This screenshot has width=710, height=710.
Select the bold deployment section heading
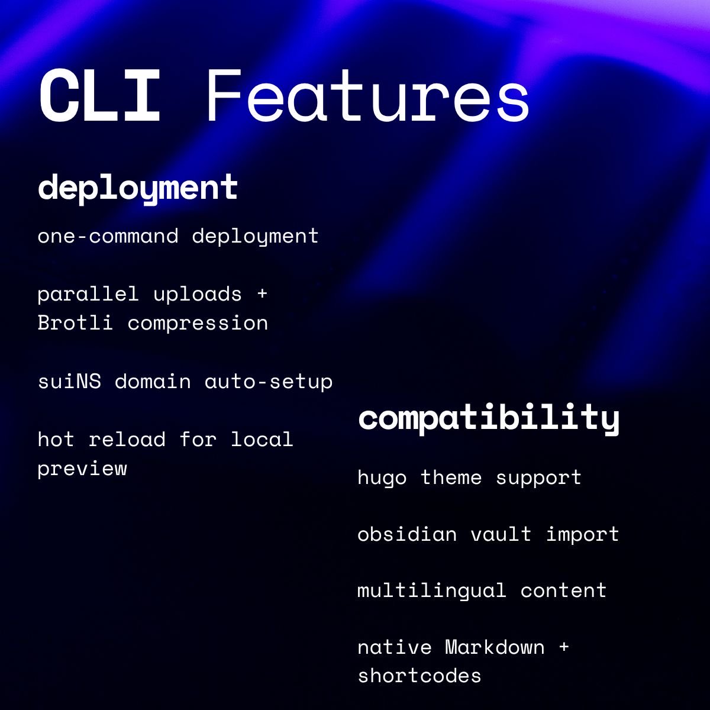point(138,188)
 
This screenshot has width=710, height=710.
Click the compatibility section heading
point(489,418)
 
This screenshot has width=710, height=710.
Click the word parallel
point(88,294)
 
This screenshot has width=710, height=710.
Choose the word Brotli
point(75,323)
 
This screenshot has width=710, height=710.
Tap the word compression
point(198,323)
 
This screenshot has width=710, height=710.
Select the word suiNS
point(69,381)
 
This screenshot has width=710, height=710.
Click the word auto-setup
point(269,381)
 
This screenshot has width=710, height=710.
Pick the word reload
point(127,439)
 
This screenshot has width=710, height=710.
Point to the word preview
point(82,469)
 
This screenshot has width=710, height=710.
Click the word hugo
point(382,477)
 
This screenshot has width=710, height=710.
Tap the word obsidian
point(407,534)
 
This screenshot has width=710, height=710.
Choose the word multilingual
point(432,590)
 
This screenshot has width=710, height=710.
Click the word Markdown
point(495,647)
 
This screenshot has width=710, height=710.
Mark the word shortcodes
point(419,676)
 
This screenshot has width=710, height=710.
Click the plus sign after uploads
point(262,294)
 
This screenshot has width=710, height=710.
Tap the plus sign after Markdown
point(563,647)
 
